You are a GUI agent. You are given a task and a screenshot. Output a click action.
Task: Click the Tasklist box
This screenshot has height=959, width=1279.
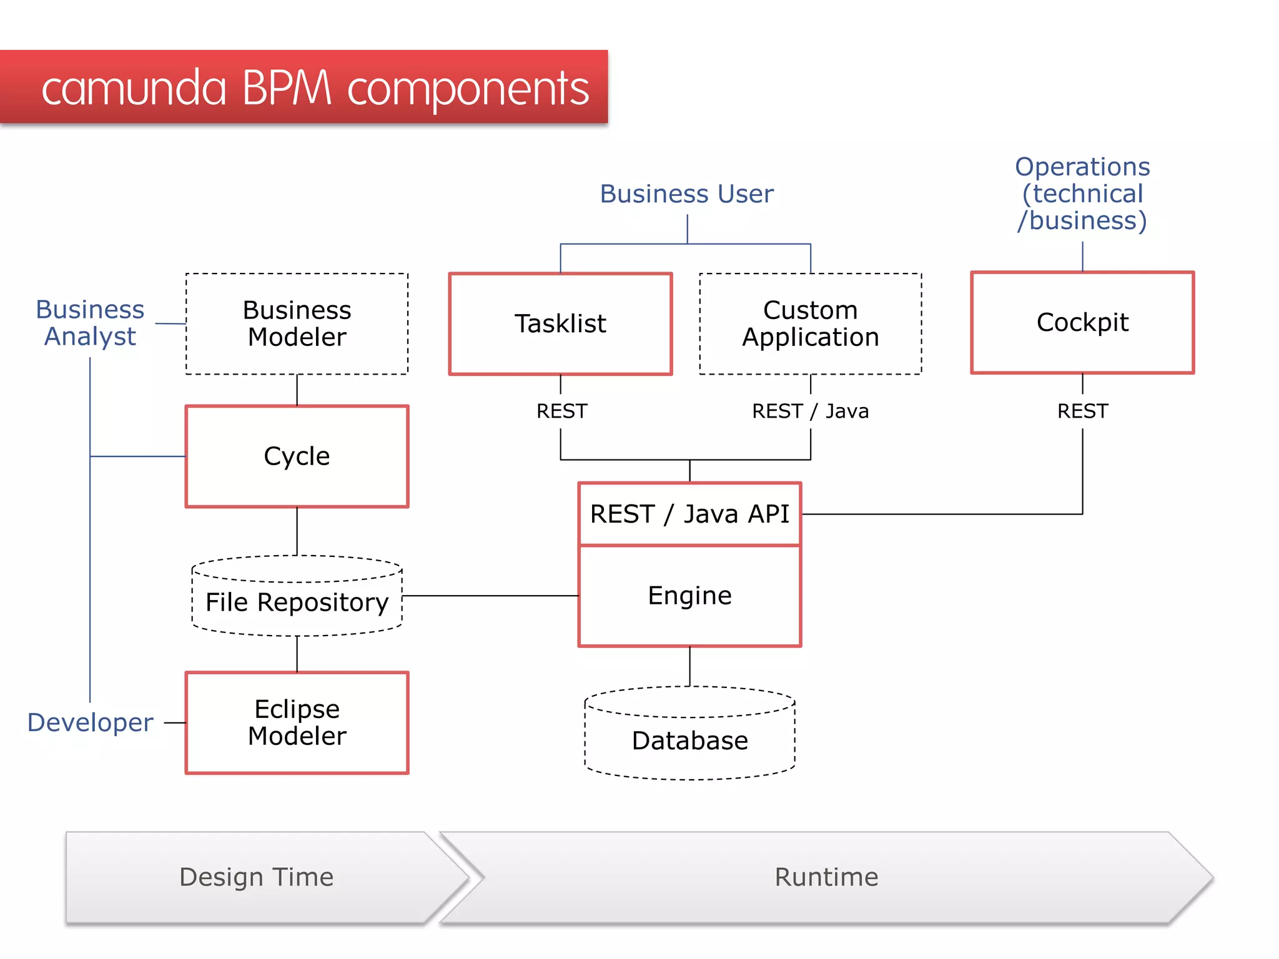[560, 323]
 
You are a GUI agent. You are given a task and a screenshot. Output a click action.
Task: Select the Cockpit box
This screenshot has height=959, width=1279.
[1082, 322]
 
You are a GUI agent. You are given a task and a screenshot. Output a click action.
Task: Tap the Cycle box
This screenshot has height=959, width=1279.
[297, 456]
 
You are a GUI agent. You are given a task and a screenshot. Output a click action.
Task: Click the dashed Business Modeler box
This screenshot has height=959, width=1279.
[297, 323]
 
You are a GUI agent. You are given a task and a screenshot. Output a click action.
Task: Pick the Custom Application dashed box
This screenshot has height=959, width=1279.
[810, 323]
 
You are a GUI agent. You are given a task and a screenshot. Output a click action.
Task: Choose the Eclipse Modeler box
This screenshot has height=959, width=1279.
[297, 722]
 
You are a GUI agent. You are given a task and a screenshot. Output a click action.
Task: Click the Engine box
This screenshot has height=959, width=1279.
[689, 596]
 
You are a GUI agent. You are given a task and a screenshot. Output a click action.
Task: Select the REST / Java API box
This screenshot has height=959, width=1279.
[689, 514]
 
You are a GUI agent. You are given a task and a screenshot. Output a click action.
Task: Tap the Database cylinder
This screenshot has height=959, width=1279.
[689, 740]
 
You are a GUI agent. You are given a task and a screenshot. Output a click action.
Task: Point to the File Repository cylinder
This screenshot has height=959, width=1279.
[297, 602]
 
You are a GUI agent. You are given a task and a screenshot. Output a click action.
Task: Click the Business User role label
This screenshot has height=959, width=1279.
[686, 194]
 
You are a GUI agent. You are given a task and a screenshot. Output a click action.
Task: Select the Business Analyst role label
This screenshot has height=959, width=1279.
[90, 323]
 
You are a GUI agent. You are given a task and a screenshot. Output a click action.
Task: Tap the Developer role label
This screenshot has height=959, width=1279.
[90, 722]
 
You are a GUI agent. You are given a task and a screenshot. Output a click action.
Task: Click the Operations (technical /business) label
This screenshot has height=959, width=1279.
[1082, 194]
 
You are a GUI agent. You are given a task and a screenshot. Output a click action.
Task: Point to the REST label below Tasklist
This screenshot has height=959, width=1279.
[561, 411]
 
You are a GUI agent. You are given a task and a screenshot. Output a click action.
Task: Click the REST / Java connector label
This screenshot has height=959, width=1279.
[810, 411]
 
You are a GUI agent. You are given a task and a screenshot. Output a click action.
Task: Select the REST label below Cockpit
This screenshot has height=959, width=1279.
[1082, 411]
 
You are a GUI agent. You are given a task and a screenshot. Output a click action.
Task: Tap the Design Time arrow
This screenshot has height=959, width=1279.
[256, 877]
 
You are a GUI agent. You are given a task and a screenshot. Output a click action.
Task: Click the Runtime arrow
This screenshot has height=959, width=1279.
[826, 877]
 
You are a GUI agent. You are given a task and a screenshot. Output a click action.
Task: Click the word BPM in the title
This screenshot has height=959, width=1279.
[286, 87]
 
